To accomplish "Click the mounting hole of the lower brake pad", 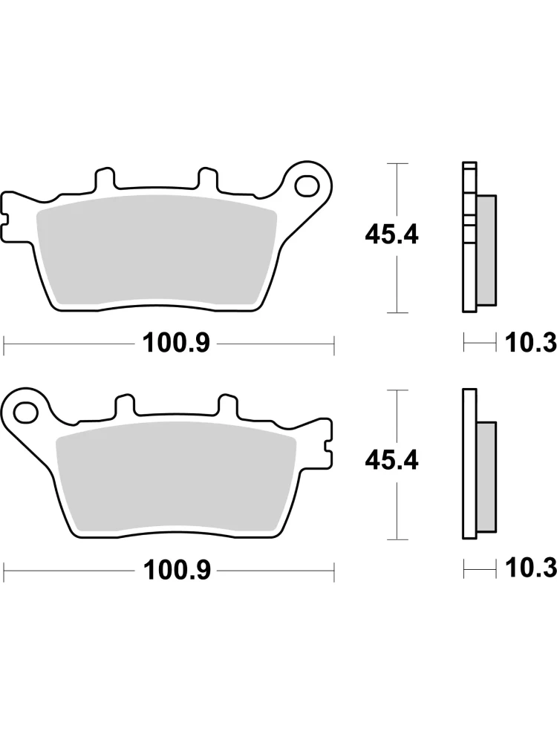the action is [x=26, y=412].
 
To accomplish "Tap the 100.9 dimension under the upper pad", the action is [x=176, y=343].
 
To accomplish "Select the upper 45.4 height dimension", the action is [x=391, y=234].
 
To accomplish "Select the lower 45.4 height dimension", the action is [x=391, y=461].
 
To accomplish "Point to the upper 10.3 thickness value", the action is [x=530, y=343].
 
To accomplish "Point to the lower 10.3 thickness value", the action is [x=530, y=569].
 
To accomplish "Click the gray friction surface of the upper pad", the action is [x=156, y=249].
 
